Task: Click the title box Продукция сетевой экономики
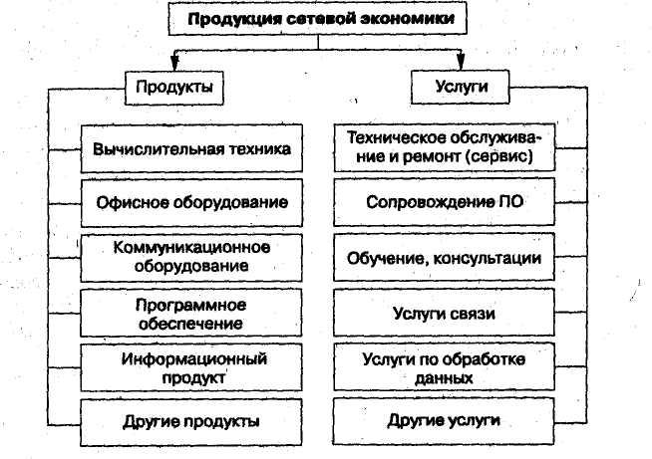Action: coord(318,19)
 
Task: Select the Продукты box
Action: coord(174,88)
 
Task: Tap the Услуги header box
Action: coord(461,87)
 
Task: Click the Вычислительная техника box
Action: coord(191,148)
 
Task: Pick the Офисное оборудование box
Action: coord(191,203)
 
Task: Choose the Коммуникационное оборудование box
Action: coord(191,258)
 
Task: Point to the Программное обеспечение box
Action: coord(191,313)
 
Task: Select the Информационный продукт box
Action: coord(191,367)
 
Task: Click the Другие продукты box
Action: coord(191,422)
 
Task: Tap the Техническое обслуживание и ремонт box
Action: coord(445,147)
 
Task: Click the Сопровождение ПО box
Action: coord(444,202)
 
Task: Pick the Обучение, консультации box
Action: coord(444,257)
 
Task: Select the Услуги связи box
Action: coord(444,313)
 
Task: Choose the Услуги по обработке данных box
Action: coord(444,367)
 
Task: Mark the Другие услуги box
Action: coord(444,421)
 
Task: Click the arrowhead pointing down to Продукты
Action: coord(174,64)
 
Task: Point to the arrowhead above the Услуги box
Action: coord(461,63)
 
